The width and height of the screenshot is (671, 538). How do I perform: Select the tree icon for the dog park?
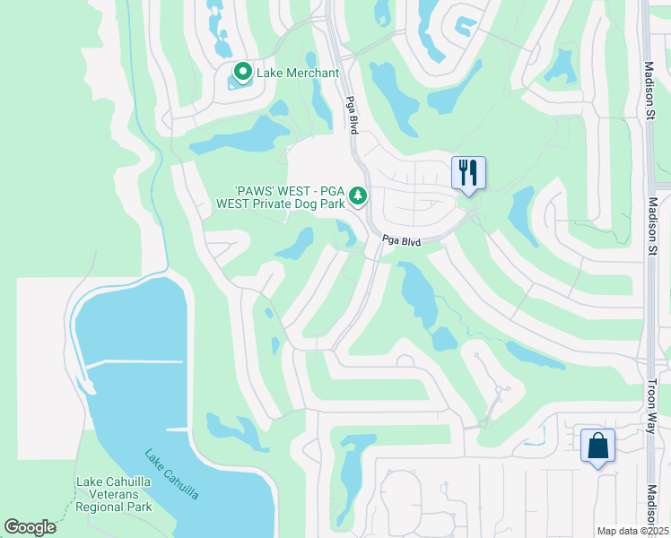click(x=358, y=195)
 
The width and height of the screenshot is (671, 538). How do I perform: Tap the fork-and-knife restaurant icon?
click(x=467, y=171)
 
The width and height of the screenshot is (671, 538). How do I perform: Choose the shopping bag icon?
click(x=597, y=446)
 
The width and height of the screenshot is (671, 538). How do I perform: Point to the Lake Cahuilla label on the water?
click(x=171, y=474)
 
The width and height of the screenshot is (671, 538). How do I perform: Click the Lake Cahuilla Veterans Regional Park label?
click(x=114, y=494)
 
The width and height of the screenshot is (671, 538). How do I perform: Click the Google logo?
click(x=30, y=526)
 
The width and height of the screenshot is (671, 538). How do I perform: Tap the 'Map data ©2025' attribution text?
click(x=633, y=531)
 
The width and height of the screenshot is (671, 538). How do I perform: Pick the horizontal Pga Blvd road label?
click(x=401, y=240)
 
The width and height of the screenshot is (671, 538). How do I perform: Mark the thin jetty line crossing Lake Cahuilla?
click(x=135, y=362)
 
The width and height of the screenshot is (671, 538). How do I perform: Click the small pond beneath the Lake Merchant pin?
click(x=239, y=83)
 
